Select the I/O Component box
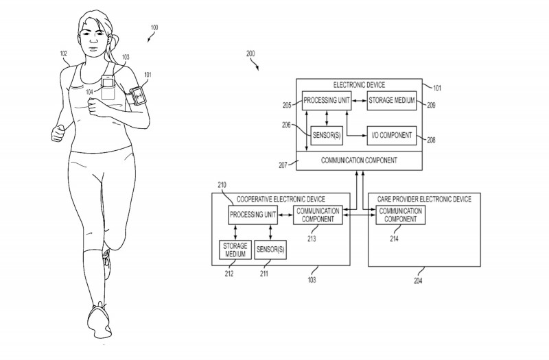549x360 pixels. tap(390, 134)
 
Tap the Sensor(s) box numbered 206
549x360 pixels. tap(327, 134)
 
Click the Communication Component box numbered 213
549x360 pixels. tap(318, 215)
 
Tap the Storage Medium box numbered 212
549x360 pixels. tap(233, 250)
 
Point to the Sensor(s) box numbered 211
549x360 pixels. tap(270, 250)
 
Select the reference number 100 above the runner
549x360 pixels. tap(154, 27)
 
